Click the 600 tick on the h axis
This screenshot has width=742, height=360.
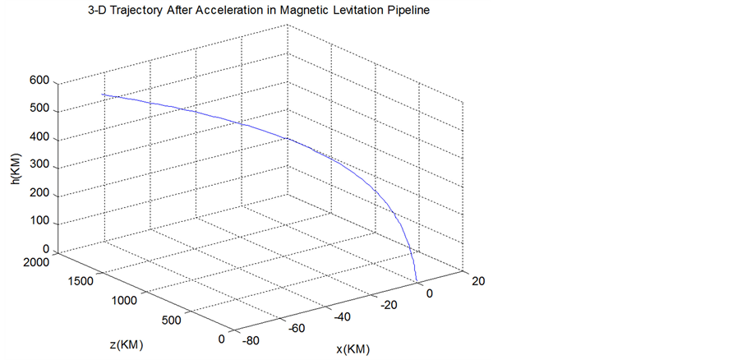(39, 81)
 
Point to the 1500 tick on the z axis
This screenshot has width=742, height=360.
(79, 281)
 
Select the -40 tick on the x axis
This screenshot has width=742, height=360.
(343, 316)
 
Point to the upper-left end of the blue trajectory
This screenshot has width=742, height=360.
(102, 95)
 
